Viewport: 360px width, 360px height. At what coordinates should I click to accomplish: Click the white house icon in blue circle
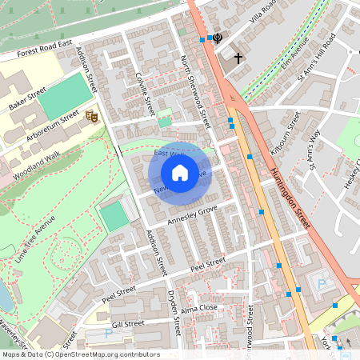[180, 173]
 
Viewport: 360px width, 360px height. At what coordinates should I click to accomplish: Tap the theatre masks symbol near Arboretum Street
[91, 117]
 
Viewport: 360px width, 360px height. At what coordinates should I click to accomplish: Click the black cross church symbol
[238, 58]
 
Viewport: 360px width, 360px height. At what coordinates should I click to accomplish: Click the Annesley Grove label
[191, 213]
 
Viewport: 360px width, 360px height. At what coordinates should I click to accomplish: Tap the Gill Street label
[128, 324]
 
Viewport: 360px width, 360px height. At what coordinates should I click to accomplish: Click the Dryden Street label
[175, 312]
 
